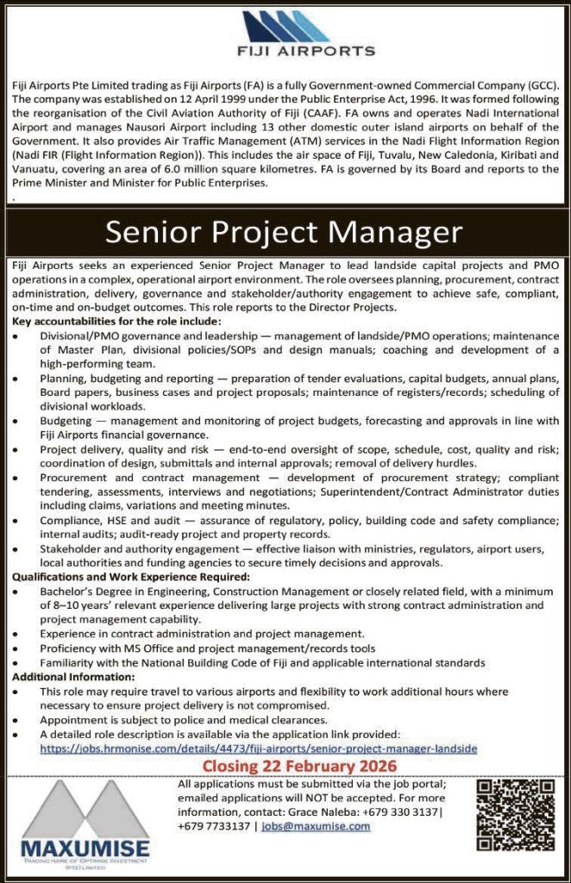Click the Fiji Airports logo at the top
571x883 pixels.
point(285,34)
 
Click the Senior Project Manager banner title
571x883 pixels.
point(284,232)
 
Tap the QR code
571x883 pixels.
point(515,815)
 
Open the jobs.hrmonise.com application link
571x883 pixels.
point(258,748)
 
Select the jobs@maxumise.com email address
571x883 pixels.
point(316,825)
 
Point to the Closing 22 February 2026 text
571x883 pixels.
point(299,767)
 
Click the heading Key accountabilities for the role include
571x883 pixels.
point(118,322)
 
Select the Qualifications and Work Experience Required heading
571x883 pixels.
point(131,577)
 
